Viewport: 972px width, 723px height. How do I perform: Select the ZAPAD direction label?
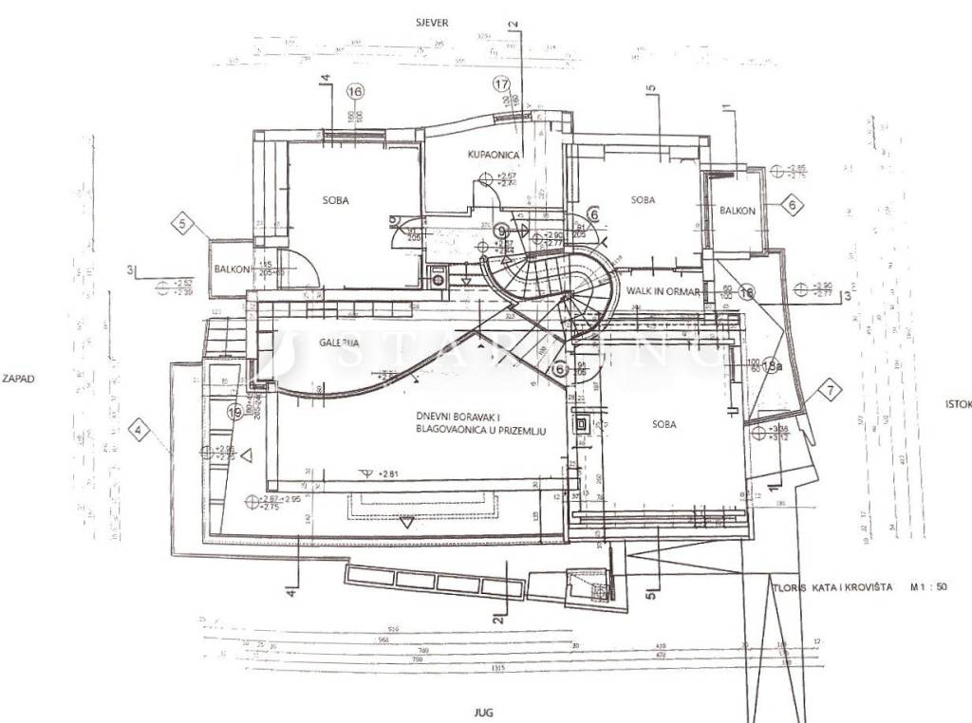18,378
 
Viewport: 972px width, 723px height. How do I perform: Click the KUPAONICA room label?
495,154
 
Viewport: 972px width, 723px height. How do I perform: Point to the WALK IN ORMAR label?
663,292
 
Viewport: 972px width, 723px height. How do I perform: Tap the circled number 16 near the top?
356,92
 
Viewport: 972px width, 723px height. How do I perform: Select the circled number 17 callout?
502,83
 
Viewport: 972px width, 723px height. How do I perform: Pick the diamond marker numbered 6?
793,203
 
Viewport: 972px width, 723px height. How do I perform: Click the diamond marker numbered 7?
831,389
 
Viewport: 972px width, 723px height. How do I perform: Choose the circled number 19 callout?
234,412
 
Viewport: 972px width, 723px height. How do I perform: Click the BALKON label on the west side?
232,269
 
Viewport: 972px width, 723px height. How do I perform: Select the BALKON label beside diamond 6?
737,211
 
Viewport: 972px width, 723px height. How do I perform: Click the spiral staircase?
551,275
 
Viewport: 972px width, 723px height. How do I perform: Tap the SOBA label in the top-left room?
335,200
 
